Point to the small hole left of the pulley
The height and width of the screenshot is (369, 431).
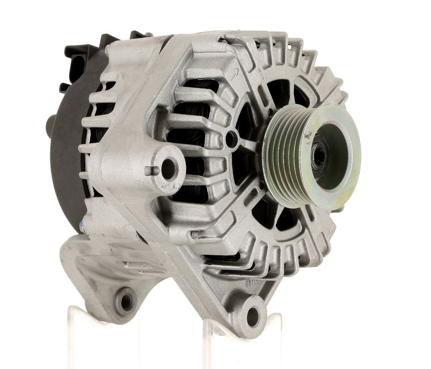pyautogui.click(x=232, y=140)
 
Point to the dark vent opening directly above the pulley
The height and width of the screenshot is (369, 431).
pyautogui.click(x=280, y=92)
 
